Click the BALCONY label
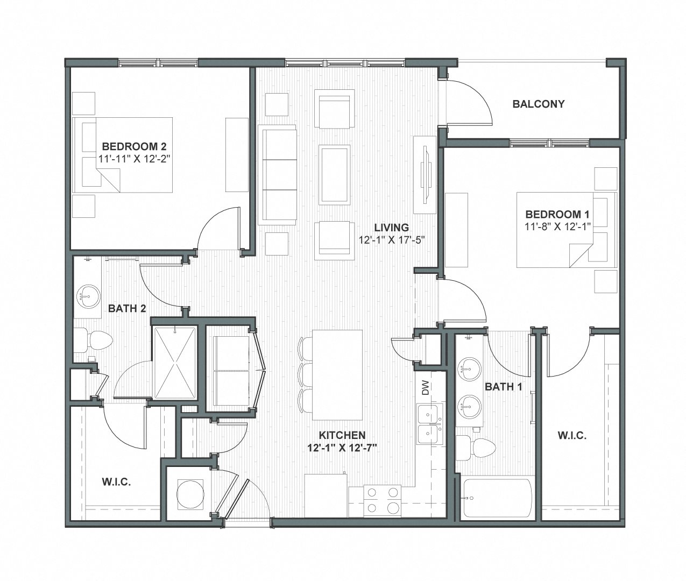(539, 104)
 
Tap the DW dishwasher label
(426, 387)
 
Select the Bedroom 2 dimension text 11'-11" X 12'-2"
(134, 159)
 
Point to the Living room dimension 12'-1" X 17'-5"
(392, 239)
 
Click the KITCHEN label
(342, 435)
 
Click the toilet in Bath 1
(476, 448)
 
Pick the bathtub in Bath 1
(497, 498)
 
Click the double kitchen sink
(430, 424)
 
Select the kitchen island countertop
(337, 375)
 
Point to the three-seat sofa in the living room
(278, 173)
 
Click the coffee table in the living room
(335, 174)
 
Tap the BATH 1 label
(504, 387)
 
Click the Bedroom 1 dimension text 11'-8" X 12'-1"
(558, 226)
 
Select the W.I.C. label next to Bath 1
(572, 435)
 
